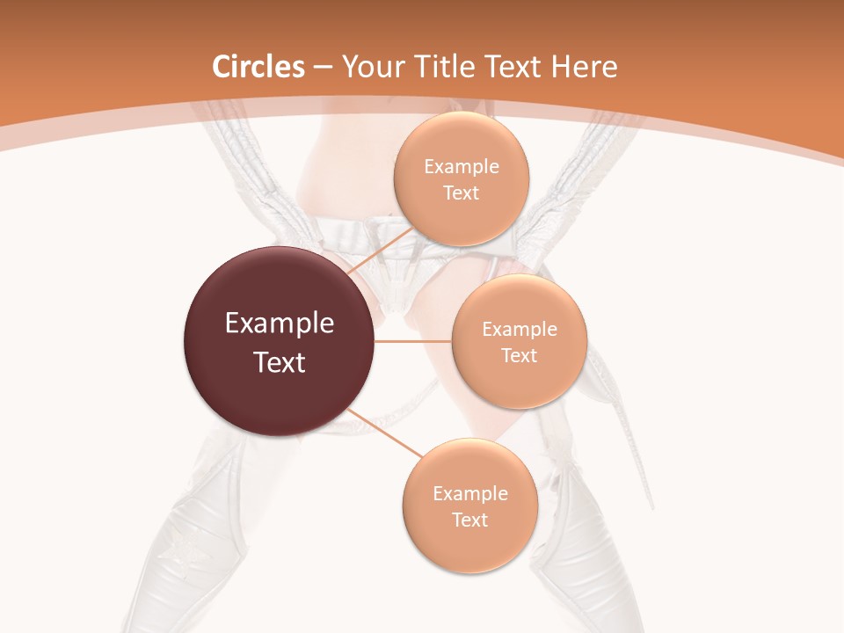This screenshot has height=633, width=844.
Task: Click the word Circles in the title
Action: coord(258,67)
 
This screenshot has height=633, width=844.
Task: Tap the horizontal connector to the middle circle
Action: coord(413,341)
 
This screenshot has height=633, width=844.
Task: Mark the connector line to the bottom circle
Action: coord(384,433)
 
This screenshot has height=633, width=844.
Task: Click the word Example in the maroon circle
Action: coord(280,324)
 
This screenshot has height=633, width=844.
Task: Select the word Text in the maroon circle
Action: coord(280,362)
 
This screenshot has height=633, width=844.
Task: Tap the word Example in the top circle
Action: coord(462,167)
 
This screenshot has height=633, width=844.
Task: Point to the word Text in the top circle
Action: coord(461,193)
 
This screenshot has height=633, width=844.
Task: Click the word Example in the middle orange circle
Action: coord(520,330)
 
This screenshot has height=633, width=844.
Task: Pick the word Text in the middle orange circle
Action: coord(520,355)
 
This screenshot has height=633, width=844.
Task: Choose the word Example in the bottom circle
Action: coord(470,494)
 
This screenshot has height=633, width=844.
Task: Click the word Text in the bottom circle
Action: coord(469,520)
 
